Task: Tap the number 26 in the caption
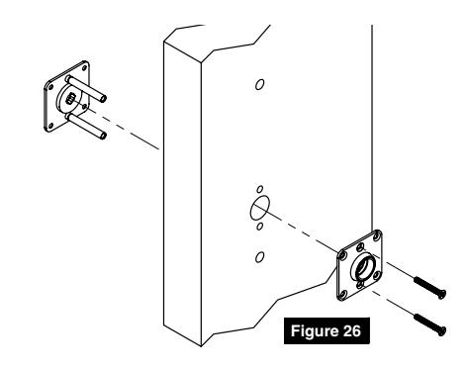(352, 330)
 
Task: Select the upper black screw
(429, 288)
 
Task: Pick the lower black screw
(429, 324)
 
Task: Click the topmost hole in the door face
(259, 84)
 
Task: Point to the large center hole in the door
(260, 208)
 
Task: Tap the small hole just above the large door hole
(260, 189)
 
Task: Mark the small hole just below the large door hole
(260, 227)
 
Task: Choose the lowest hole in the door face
(260, 257)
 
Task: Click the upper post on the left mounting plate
(86, 88)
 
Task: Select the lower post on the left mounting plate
(86, 126)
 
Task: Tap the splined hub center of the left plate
(70, 98)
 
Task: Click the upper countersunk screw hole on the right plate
(361, 246)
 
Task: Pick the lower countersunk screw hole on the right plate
(361, 285)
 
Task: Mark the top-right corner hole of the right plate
(378, 235)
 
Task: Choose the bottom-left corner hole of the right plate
(343, 293)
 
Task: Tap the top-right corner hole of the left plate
(84, 68)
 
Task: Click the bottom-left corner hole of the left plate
(50, 126)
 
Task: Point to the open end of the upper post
(104, 98)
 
